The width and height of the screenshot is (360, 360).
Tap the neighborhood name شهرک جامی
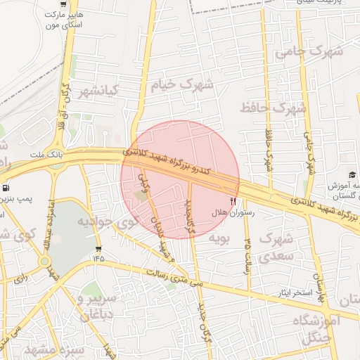coord(309,51)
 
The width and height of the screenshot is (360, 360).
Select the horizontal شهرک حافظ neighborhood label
coord(273,108)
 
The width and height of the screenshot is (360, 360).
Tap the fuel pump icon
coord(6,188)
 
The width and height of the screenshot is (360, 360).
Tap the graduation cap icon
coord(352,174)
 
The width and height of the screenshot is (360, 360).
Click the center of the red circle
coord(180,180)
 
